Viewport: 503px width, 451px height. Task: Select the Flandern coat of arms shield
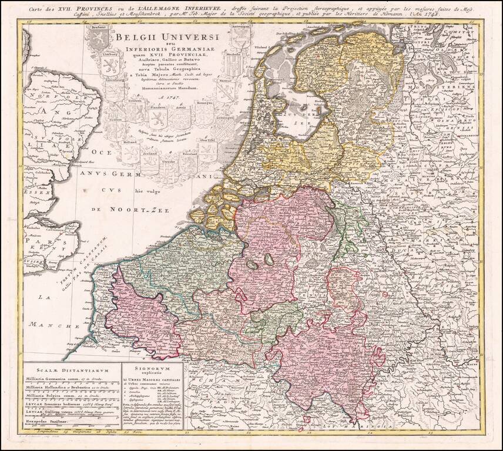(x=157, y=118)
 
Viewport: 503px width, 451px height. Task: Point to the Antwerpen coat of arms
(x=239, y=38)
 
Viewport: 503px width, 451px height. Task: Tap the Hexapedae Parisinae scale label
(x=54, y=422)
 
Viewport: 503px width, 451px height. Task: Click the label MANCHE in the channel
(x=55, y=324)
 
